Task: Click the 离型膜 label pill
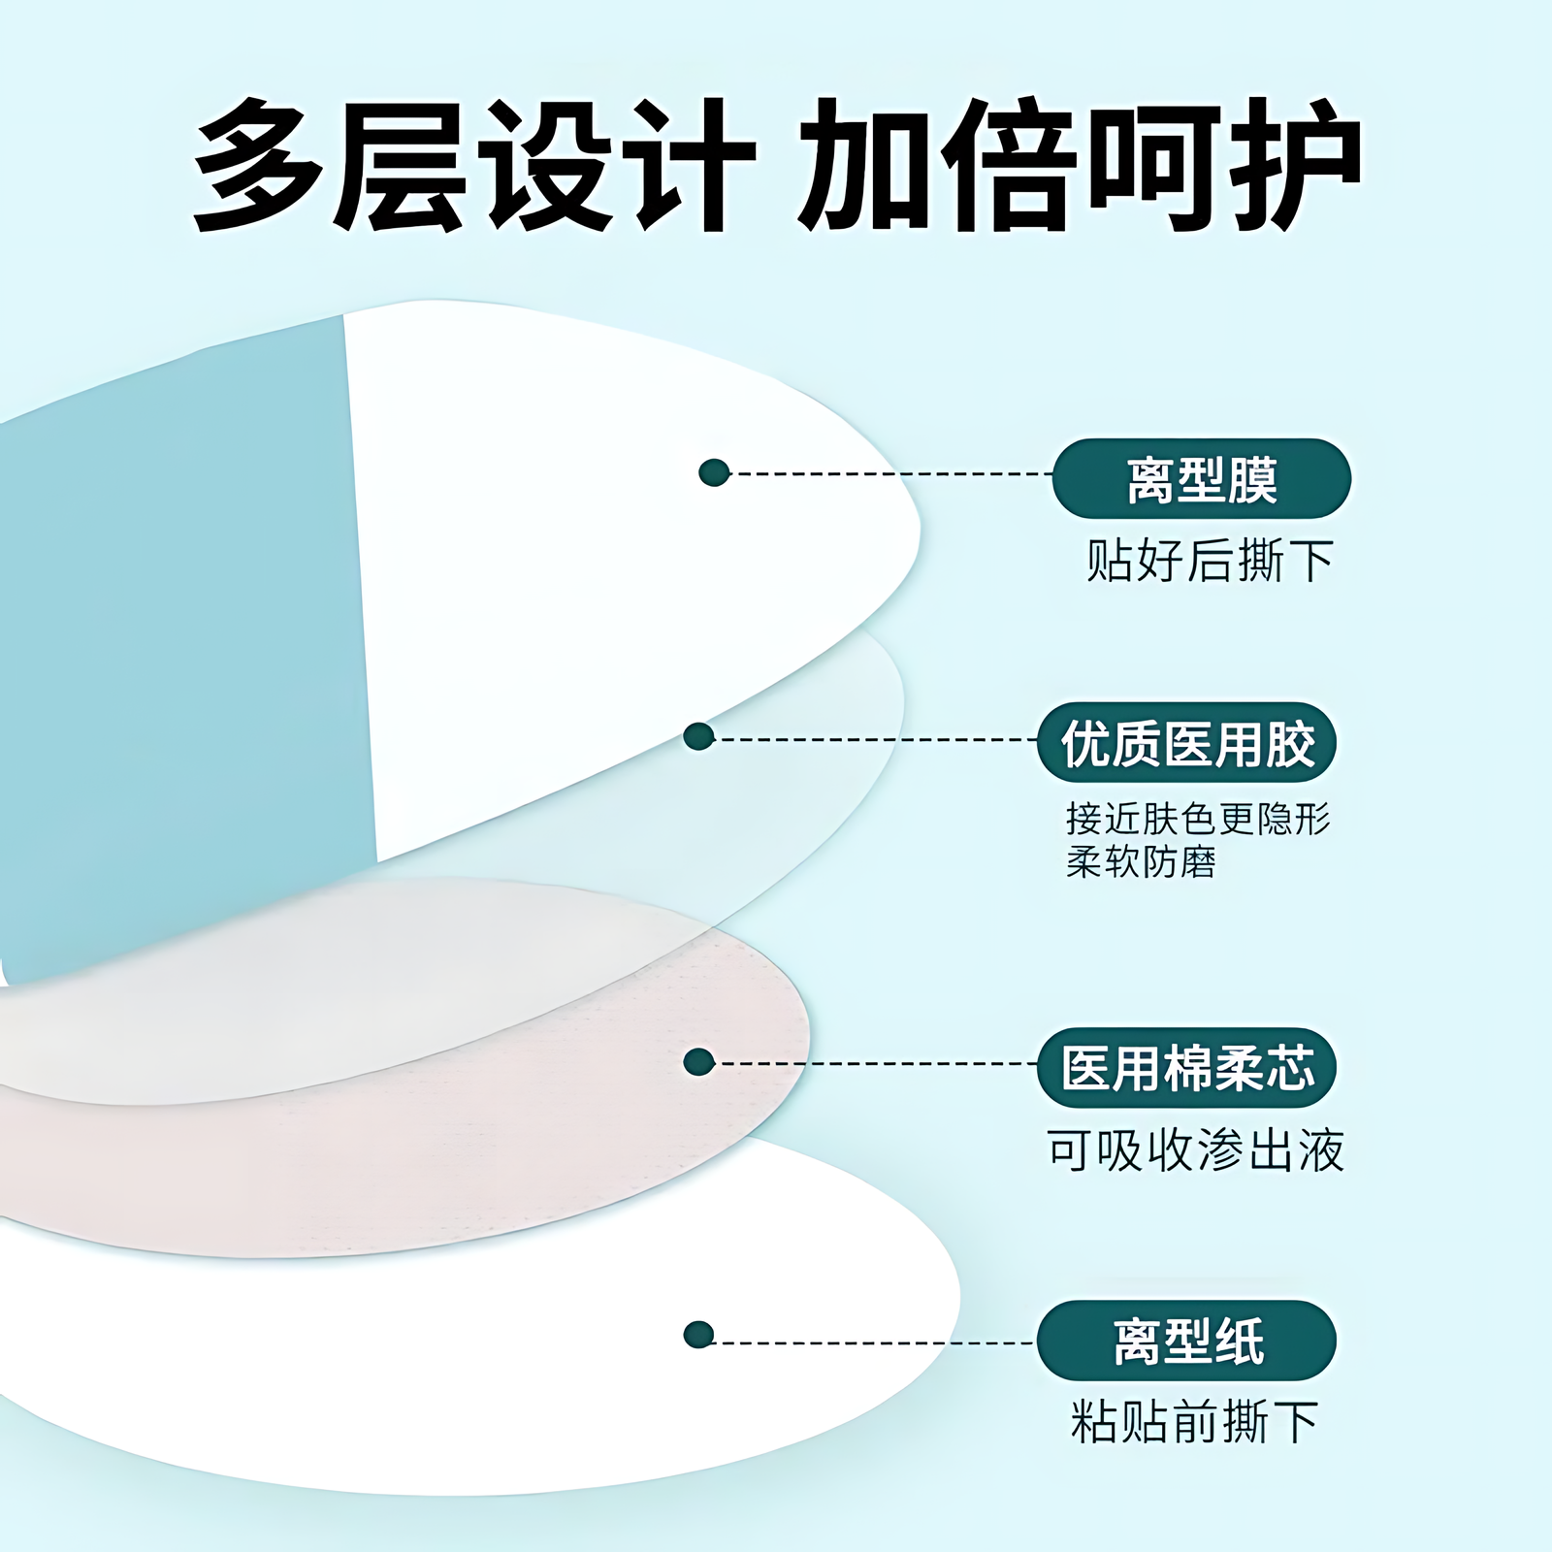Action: click(x=1201, y=479)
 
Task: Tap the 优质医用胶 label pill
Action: click(x=1186, y=743)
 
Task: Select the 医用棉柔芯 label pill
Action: click(x=1186, y=1068)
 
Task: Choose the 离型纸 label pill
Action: click(x=1186, y=1342)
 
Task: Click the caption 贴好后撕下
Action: click(x=1209, y=562)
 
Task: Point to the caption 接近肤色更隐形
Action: click(x=1198, y=820)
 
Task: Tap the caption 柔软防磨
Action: click(x=1141, y=862)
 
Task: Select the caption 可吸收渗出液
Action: click(x=1195, y=1151)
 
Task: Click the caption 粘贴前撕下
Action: click(x=1194, y=1422)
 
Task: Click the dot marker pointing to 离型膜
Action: click(x=714, y=473)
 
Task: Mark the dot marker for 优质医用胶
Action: click(x=698, y=737)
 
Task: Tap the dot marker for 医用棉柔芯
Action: click(x=698, y=1062)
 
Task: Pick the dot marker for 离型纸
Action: click(x=698, y=1335)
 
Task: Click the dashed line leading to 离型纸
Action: click(x=873, y=1343)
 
